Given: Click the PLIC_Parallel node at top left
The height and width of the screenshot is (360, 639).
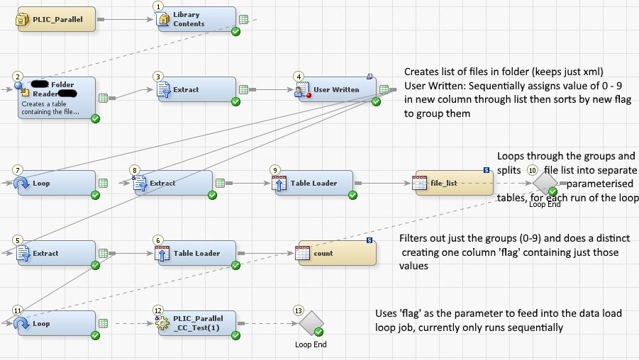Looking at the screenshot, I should (56, 19).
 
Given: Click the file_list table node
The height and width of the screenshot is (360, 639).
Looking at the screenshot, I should (452, 183).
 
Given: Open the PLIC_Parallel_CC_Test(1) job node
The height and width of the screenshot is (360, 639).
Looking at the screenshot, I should (195, 323).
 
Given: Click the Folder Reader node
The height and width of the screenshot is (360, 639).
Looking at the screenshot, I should (56, 99).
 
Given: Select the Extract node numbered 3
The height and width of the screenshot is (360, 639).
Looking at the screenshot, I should (195, 90).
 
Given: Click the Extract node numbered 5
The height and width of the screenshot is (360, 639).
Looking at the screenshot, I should (56, 253).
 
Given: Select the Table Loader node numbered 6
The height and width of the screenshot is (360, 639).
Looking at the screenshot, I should (195, 253).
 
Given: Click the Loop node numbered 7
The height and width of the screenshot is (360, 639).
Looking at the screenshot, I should (56, 183).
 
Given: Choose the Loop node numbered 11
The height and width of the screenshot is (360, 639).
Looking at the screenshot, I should (56, 323).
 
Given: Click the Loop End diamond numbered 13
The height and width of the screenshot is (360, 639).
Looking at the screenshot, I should (311, 324).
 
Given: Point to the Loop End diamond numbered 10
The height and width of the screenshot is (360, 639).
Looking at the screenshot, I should (545, 184).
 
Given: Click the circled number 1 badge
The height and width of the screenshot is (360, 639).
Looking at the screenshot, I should (157, 6).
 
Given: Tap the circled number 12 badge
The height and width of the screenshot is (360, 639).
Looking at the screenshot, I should (158, 310).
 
